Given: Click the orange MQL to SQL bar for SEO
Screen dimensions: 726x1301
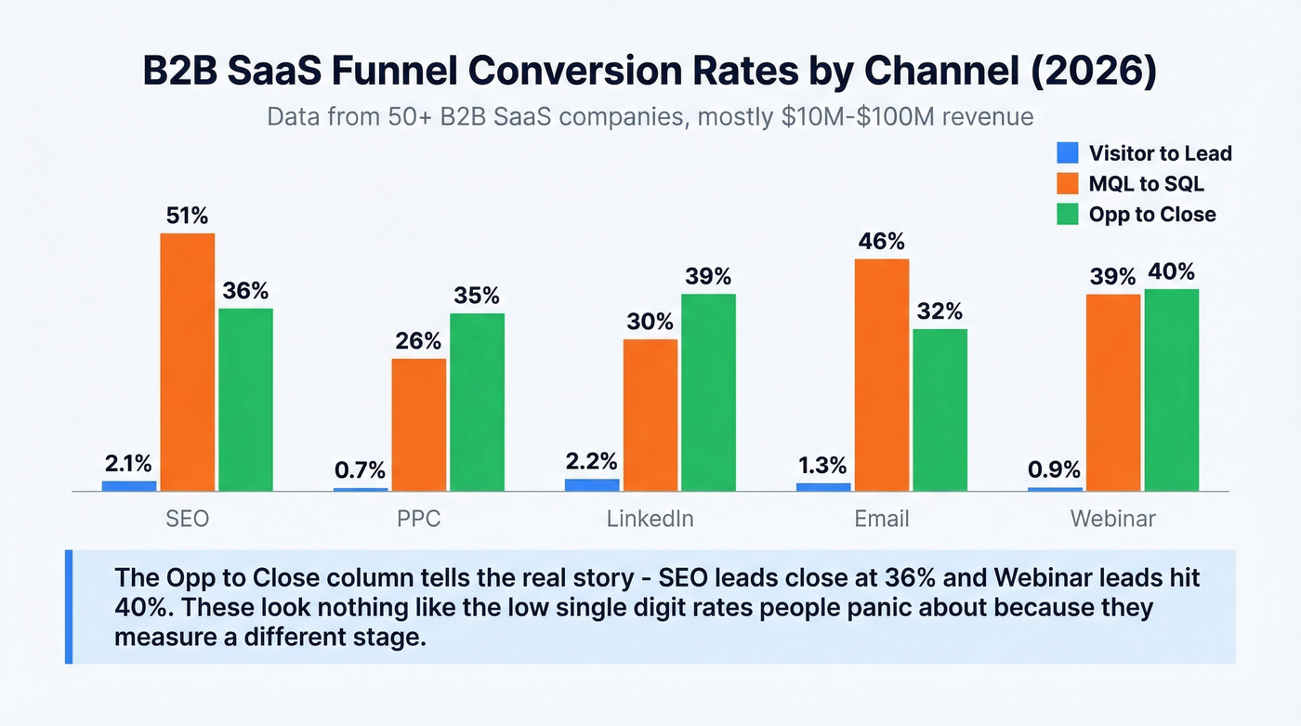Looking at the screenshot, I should [187, 362].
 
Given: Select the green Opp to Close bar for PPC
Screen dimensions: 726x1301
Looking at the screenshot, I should [477, 402].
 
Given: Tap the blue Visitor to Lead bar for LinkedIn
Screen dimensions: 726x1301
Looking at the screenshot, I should [592, 484].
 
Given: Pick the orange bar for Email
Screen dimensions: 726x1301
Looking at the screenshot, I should [882, 375].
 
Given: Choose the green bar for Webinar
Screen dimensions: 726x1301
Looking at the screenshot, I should [1172, 389].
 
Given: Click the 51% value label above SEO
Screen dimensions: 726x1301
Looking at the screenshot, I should [187, 216].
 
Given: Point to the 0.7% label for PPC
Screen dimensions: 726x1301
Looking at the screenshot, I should [360, 470].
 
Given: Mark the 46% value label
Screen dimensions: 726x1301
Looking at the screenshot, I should [882, 242].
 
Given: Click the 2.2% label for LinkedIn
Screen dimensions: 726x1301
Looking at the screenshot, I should [592, 461].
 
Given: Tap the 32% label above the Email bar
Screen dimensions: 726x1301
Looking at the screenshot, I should [940, 311].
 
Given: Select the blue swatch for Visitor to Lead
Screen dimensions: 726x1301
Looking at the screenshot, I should [1069, 153].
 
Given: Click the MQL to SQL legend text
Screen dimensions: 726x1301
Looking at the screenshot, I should [1147, 184].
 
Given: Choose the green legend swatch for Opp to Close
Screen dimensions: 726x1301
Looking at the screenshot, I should [1069, 214].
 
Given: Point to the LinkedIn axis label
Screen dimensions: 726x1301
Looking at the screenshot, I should [650, 519].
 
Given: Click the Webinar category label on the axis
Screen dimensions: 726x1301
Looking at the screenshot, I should [1113, 519].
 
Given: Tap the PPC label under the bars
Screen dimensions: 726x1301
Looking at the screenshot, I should [418, 519].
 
